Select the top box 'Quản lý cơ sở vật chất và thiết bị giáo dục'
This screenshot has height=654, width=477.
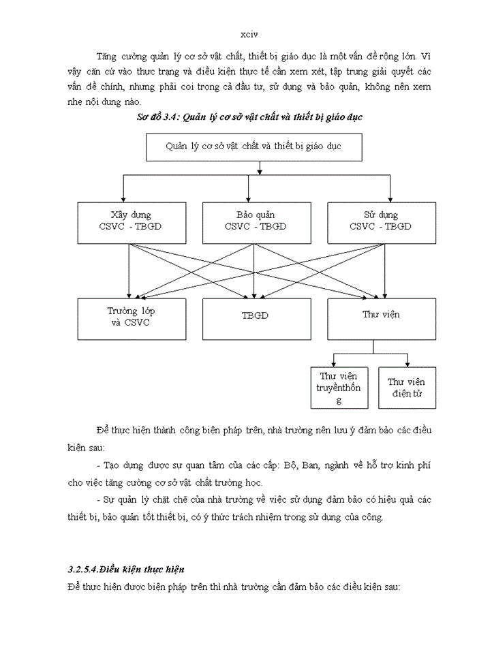(x=253, y=147)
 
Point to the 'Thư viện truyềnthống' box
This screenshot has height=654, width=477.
(x=339, y=388)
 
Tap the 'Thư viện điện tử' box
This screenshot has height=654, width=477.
(x=407, y=388)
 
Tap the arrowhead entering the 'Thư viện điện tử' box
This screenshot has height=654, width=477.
(x=407, y=364)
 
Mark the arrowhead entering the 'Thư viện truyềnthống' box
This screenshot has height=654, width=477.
(x=333, y=364)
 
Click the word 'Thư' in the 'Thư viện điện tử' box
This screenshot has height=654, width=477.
(x=397, y=382)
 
